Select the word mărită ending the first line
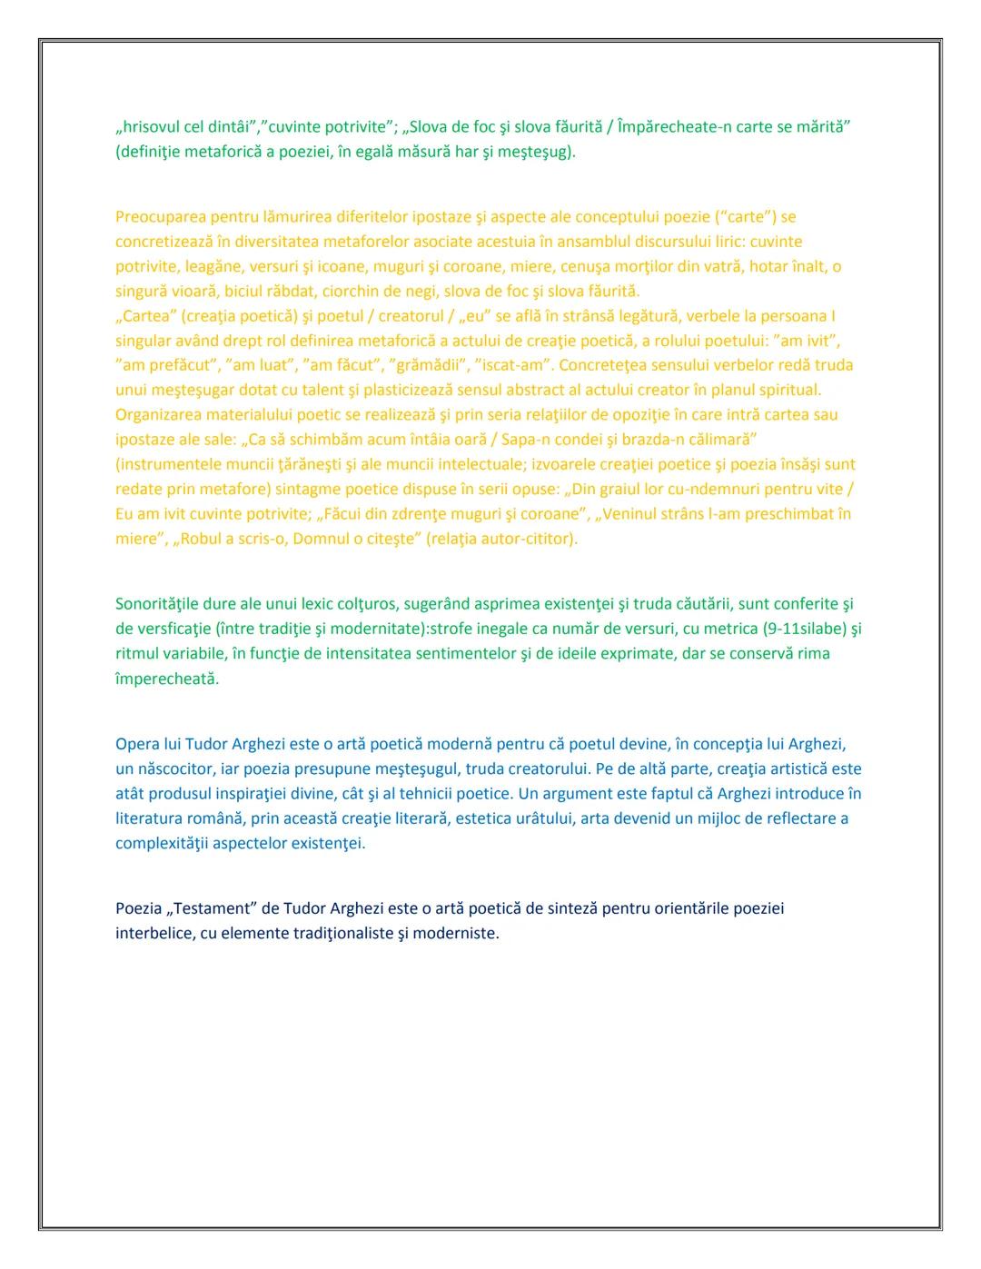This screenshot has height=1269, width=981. (x=820, y=126)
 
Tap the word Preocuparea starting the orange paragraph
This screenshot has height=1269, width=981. (x=160, y=217)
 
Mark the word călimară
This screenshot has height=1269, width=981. (x=724, y=440)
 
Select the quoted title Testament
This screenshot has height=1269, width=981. (x=212, y=908)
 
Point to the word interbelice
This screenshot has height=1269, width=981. (x=154, y=933)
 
